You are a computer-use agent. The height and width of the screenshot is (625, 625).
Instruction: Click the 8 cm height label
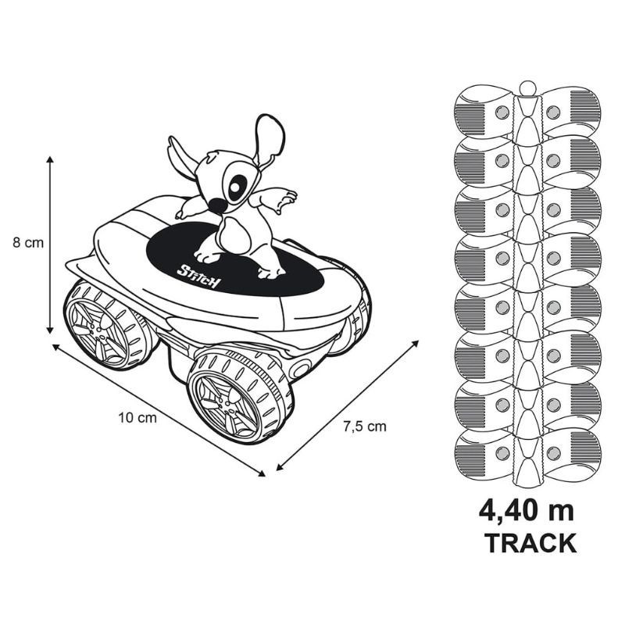coord(28,242)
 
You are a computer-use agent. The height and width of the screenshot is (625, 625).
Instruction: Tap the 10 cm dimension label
coord(137,417)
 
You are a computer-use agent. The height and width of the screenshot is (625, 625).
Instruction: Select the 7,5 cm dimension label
coord(365,427)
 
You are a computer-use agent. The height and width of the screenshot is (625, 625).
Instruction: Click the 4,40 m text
coord(527,511)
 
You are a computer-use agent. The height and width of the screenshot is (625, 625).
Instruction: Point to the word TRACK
coord(530,542)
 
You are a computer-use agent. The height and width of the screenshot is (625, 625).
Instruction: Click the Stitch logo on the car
coord(198,275)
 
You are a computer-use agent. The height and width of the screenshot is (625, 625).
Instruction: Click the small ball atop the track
coord(527,87)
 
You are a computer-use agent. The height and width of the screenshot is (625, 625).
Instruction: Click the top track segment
coord(527,114)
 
